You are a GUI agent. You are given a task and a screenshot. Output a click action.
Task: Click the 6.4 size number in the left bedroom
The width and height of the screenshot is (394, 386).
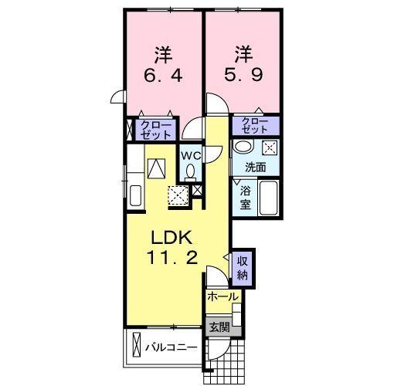pos(163,78)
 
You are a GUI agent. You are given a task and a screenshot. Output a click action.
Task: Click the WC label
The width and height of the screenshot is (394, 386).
pos(191,154)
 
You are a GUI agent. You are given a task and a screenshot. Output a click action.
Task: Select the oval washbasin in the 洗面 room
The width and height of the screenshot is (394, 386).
pos(244,147)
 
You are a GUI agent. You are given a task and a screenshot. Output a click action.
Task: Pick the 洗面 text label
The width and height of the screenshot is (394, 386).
pos(256,166)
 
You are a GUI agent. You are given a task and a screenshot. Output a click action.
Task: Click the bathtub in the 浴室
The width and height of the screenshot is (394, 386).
pos(269,199)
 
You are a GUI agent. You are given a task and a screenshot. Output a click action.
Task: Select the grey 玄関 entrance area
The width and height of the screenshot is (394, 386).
pos(219,327)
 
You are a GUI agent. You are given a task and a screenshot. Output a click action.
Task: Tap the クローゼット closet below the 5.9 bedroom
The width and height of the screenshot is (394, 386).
pos(255,125)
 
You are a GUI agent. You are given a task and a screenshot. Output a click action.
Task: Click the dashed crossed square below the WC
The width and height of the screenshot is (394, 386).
pos(180,195)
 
